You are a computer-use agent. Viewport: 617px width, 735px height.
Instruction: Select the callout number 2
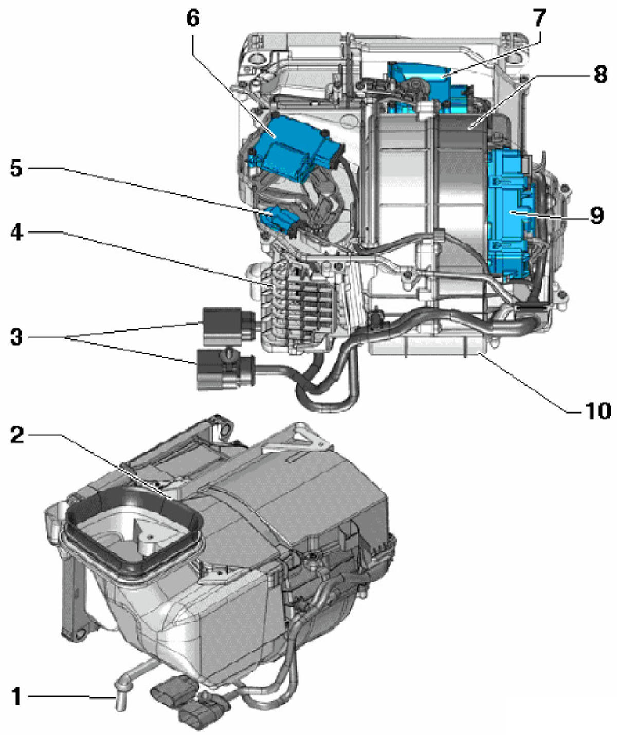[16, 435]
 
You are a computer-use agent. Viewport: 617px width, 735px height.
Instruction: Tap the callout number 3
[16, 337]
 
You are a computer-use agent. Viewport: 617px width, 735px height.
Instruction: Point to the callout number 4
[16, 232]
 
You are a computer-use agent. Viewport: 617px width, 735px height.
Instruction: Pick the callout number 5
[16, 168]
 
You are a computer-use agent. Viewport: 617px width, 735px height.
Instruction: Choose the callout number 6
[193, 19]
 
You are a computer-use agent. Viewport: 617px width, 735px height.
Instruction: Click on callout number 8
[600, 75]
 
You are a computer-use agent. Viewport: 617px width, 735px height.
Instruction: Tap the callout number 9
[596, 216]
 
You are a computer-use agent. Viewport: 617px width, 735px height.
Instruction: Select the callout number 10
[596, 410]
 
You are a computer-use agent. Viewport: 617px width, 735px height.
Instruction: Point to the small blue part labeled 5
[278, 219]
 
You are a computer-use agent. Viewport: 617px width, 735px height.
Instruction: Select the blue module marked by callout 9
[509, 211]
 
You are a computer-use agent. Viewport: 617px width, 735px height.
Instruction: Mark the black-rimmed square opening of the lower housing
[131, 535]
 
